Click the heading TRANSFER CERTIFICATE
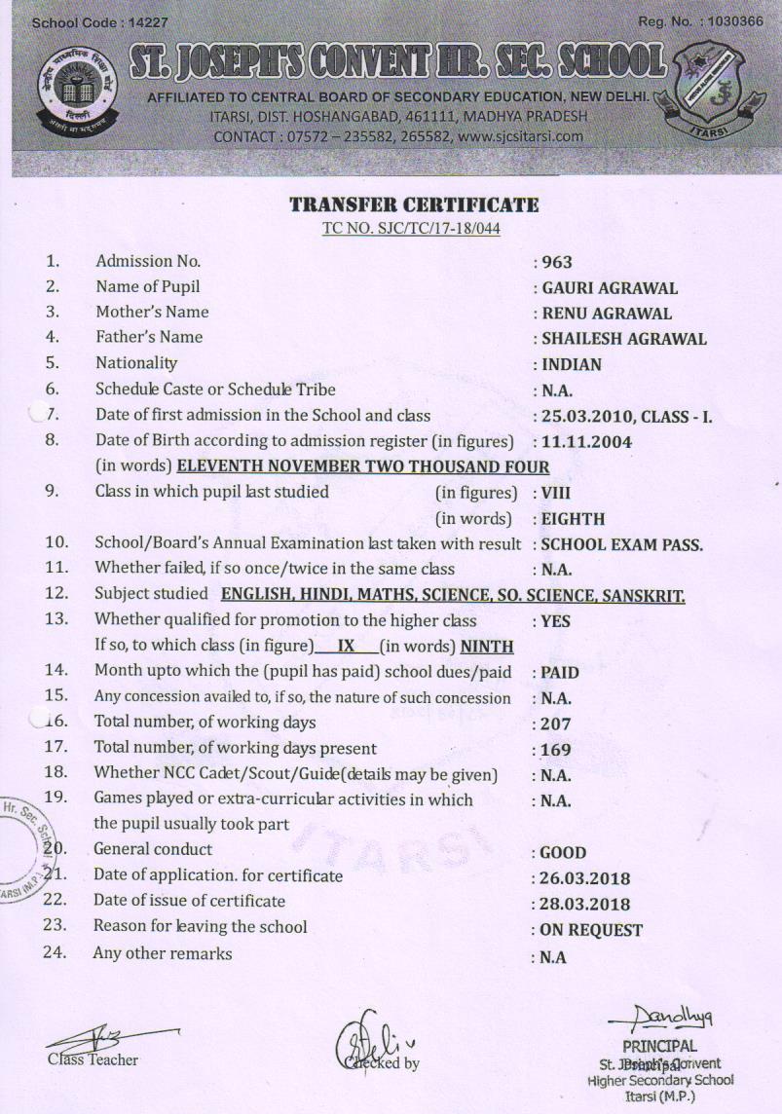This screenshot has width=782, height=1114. tap(414, 205)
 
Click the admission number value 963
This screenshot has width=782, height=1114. tap(557, 262)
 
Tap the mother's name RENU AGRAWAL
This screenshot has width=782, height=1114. tap(606, 314)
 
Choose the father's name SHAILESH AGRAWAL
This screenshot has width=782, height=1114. tap(623, 339)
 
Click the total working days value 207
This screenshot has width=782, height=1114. tap(556, 724)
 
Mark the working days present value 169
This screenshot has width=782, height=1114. tap(556, 750)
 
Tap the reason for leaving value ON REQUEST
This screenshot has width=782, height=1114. tap(591, 930)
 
